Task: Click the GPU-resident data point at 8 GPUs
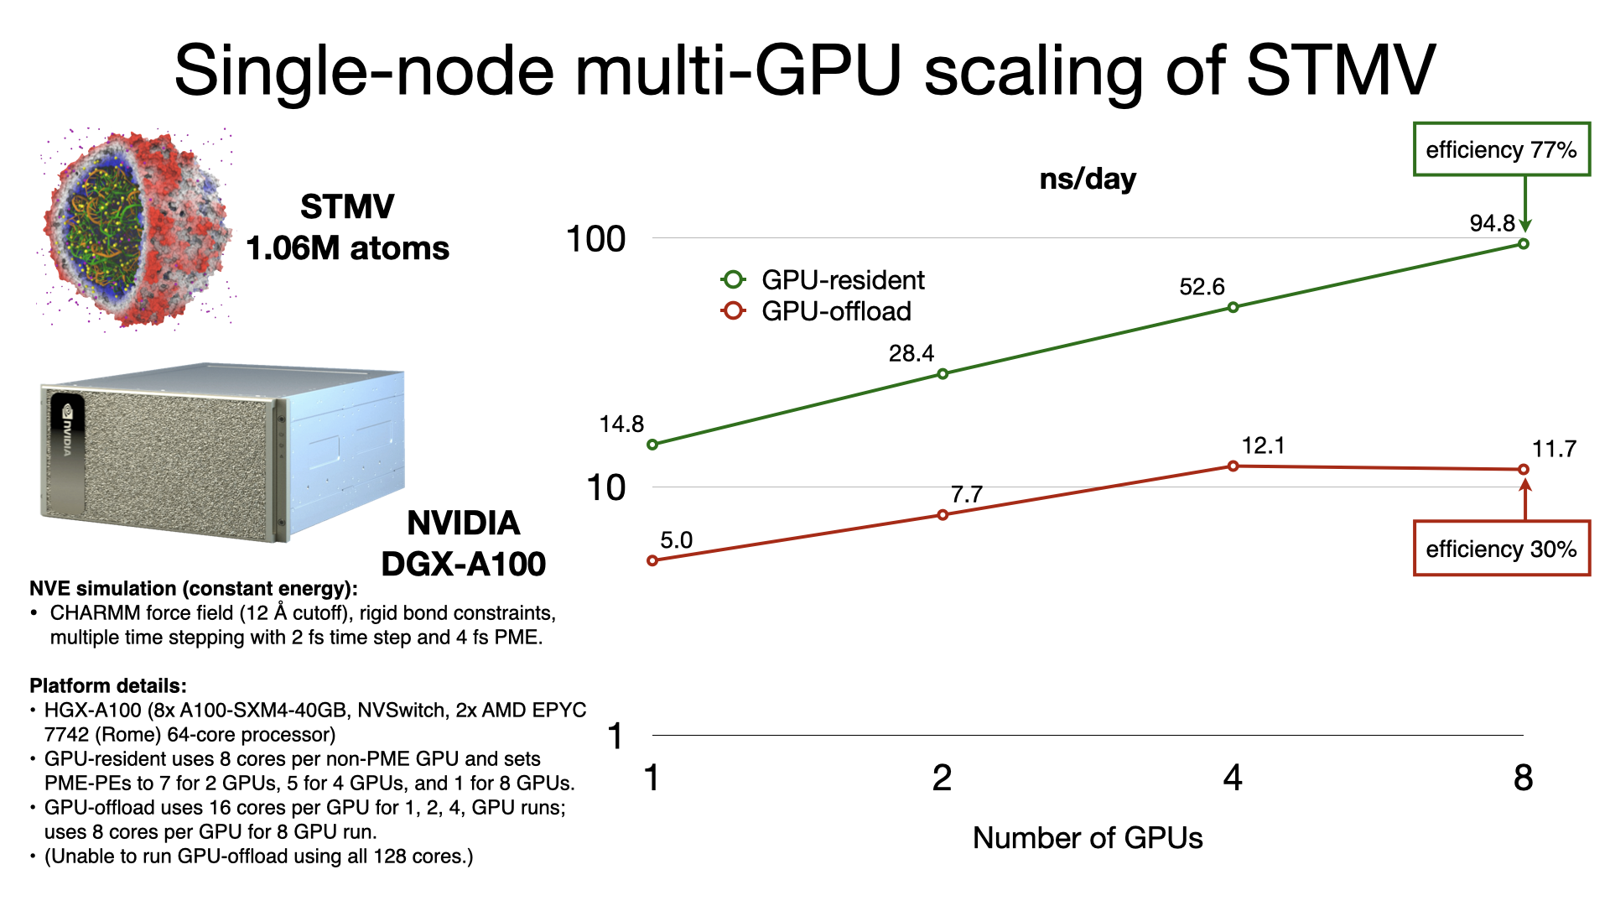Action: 1524,244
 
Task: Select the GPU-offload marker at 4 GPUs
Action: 1233,466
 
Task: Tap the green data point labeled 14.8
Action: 652,445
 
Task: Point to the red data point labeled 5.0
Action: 652,560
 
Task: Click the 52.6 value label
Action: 1202,287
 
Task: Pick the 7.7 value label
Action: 966,494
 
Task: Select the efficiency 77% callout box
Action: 1501,149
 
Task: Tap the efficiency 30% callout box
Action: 1501,549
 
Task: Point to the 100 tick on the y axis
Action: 596,239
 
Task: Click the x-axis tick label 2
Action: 942,778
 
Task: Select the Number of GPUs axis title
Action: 1088,837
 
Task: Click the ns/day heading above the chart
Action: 1088,179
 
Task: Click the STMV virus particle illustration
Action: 137,228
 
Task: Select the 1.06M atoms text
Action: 347,248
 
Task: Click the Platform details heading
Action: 107,685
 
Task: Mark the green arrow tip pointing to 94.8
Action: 1525,228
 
